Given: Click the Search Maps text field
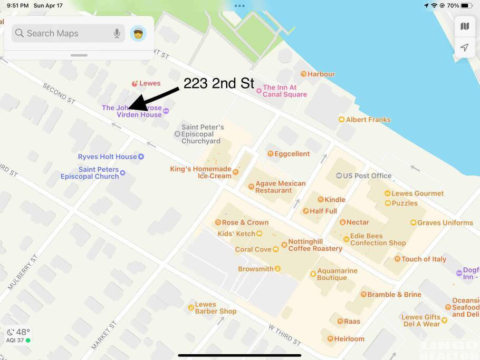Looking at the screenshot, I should pyautogui.click(x=63, y=33).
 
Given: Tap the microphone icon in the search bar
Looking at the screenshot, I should pyautogui.click(x=117, y=33).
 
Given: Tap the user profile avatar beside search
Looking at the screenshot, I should pyautogui.click(x=138, y=33).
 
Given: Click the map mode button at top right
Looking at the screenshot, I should pyautogui.click(x=465, y=26).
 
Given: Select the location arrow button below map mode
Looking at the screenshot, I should pyautogui.click(x=465, y=47).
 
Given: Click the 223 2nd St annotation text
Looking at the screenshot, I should pyautogui.click(x=218, y=83).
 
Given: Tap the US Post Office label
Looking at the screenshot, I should pyautogui.click(x=367, y=176).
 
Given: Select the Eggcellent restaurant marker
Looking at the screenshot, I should pyautogui.click(x=270, y=154).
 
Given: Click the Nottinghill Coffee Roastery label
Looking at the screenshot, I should pyautogui.click(x=315, y=245).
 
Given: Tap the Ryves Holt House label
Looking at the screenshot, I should pyautogui.click(x=107, y=157).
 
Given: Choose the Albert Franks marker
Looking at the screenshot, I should pyautogui.click(x=341, y=120).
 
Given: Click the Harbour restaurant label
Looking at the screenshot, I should pyautogui.click(x=321, y=74).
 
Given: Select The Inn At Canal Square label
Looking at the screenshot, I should pyautogui.click(x=284, y=91).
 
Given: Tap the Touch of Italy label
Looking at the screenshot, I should pyautogui.click(x=424, y=259).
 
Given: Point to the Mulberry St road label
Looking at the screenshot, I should pyautogui.click(x=23, y=272).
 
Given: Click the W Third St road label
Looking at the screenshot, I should pyautogui.click(x=284, y=334).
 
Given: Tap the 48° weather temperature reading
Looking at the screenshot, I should pyautogui.click(x=23, y=332).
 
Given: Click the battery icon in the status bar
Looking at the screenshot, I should pyautogui.click(x=466, y=5).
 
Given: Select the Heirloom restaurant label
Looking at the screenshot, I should pyautogui.click(x=349, y=339).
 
